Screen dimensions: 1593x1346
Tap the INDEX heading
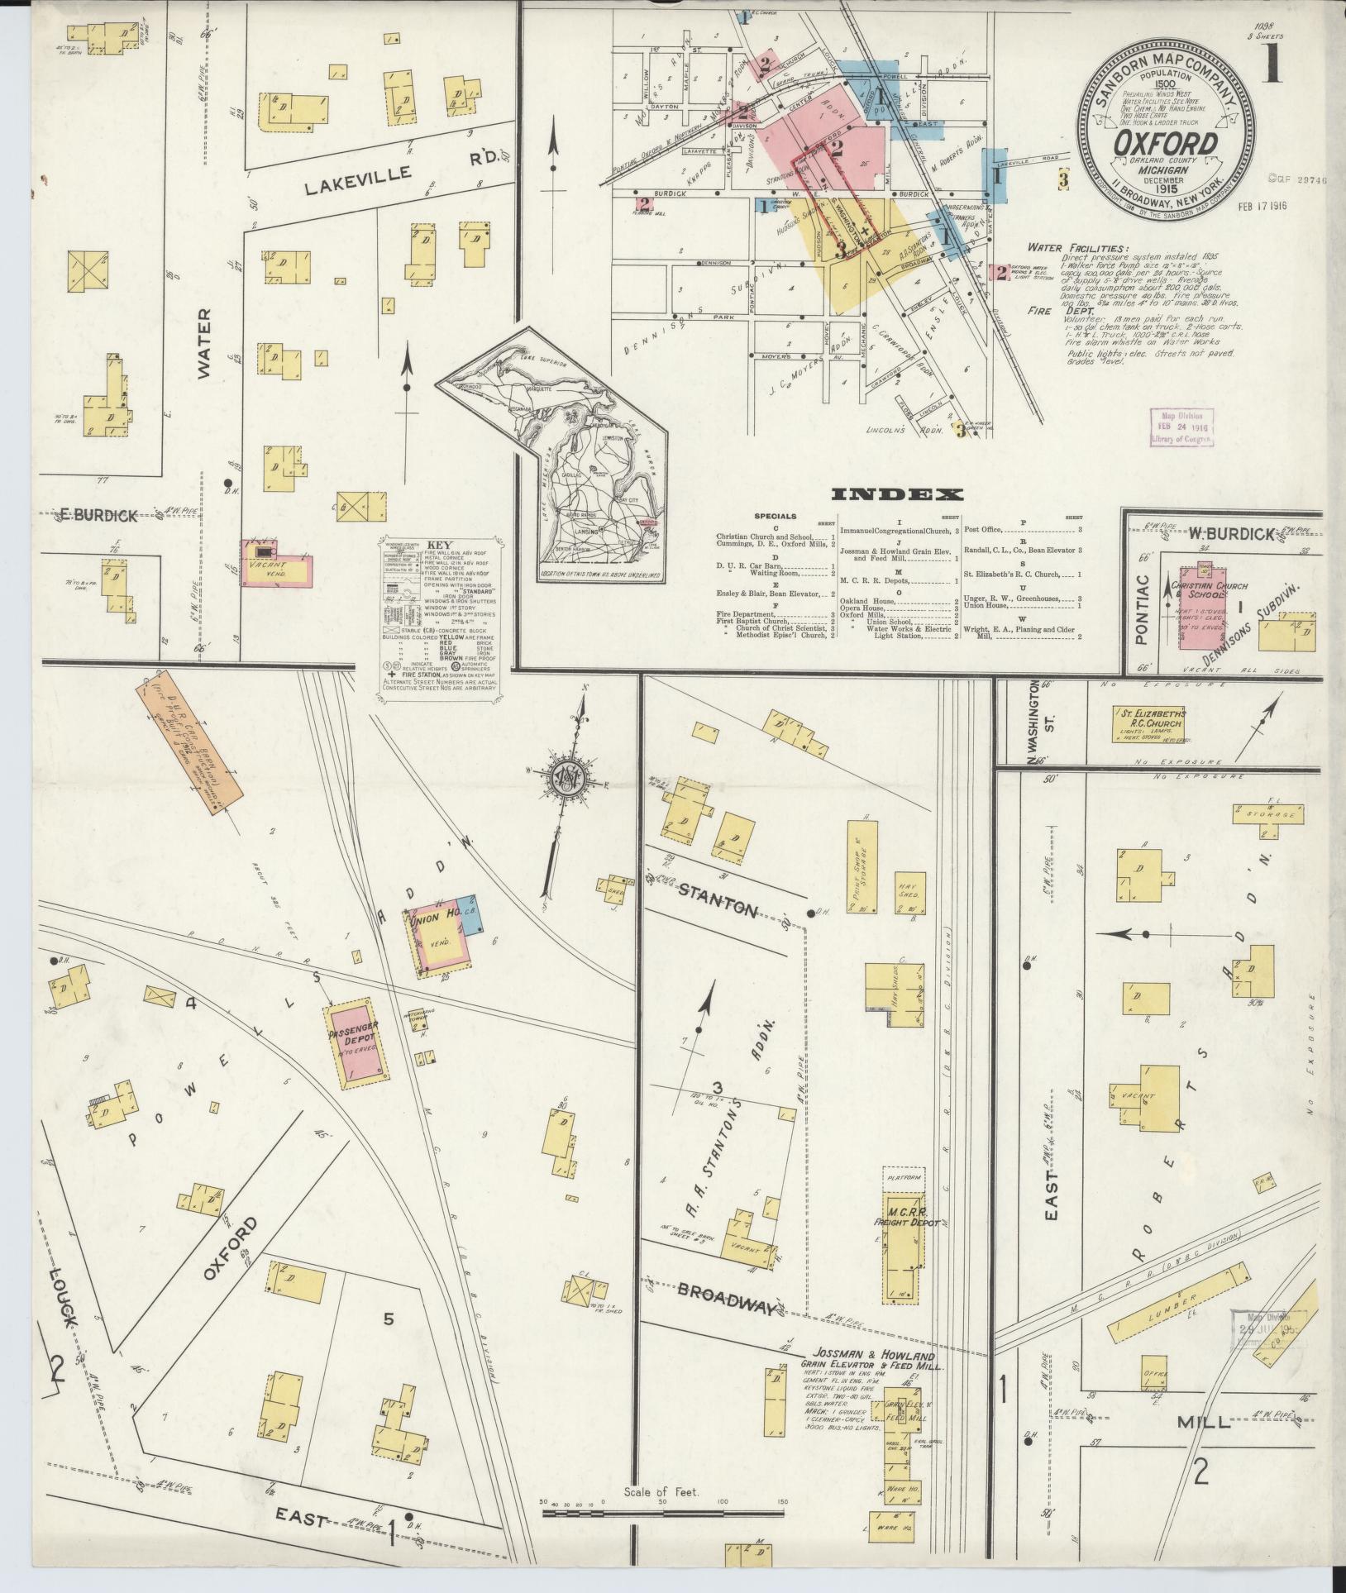[897, 495]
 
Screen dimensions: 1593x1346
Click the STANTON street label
[718, 900]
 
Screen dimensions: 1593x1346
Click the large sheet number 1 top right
[1272, 62]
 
